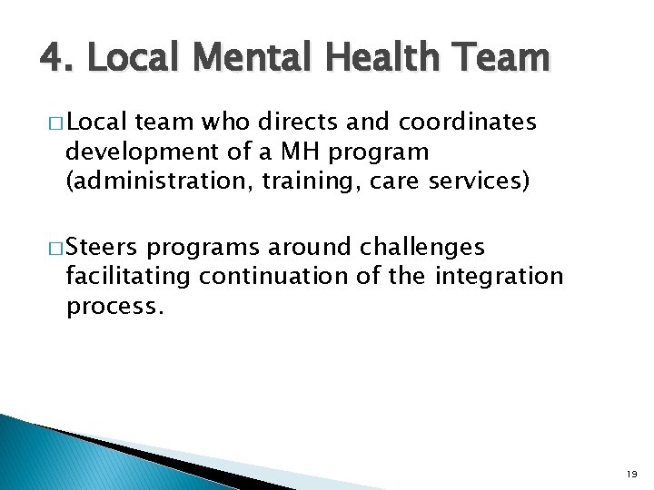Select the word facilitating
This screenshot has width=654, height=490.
128,276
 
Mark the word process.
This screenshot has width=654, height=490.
115,307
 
